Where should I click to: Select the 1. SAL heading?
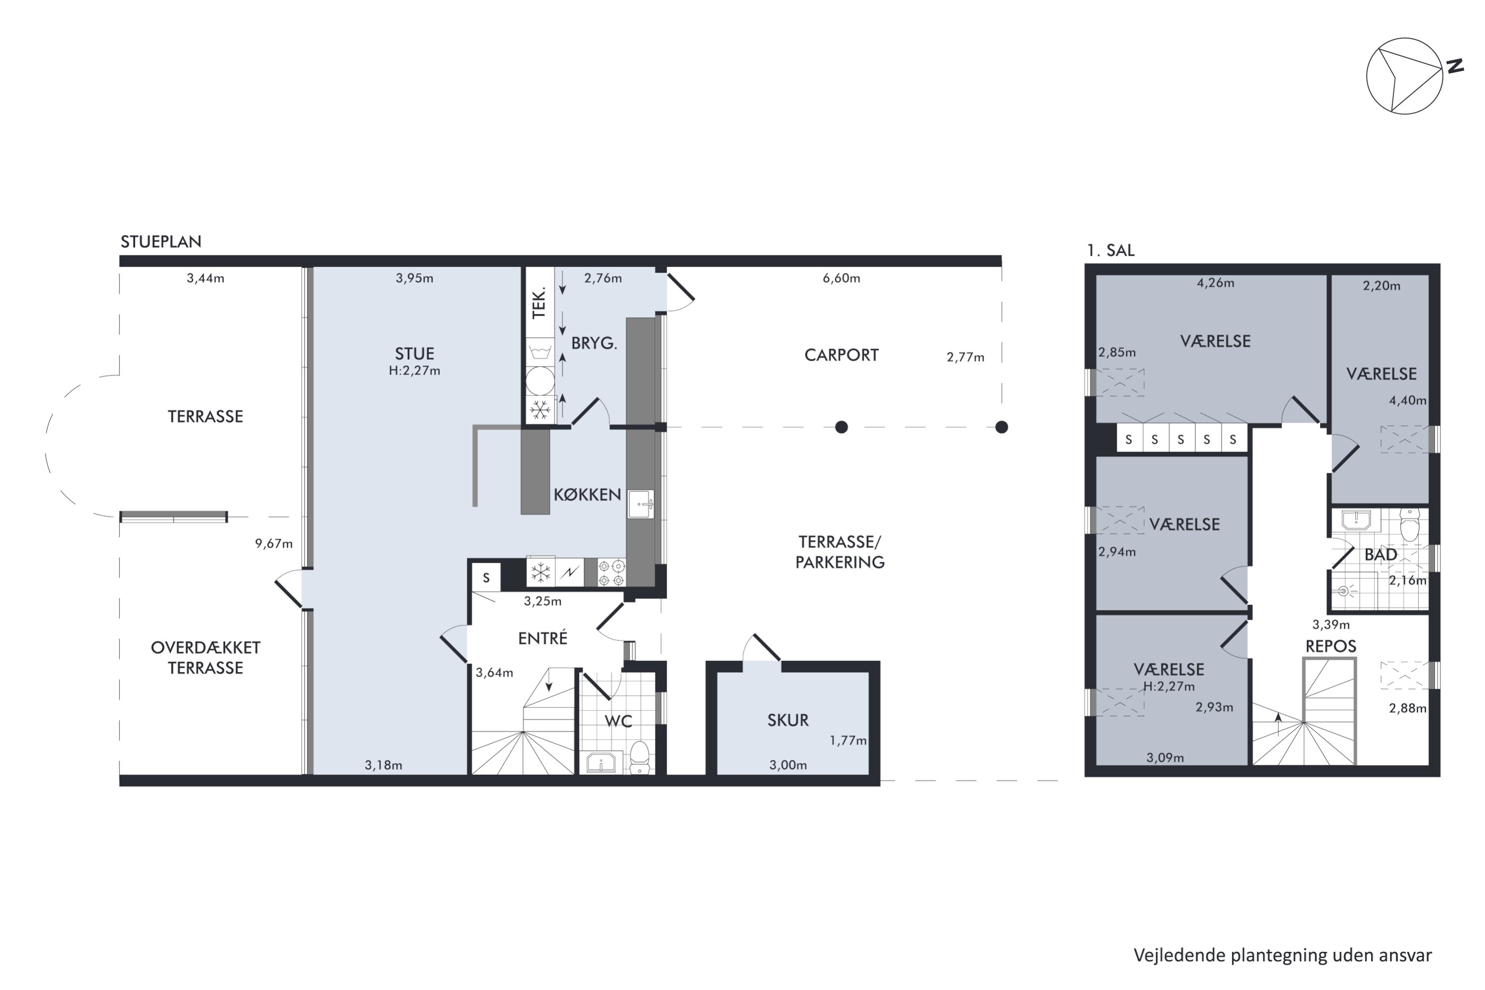tap(1111, 250)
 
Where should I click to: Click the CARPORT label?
tap(841, 355)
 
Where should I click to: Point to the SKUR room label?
tap(788, 720)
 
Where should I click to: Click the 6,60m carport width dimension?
tap(841, 278)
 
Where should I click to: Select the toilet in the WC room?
tap(640, 757)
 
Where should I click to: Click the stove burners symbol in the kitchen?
tap(611, 573)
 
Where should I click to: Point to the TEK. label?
tap(539, 303)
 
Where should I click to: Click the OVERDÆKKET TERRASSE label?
tap(205, 657)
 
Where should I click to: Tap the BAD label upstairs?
tap(1381, 554)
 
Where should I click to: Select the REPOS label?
tap(1331, 646)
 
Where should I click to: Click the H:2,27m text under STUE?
tap(414, 371)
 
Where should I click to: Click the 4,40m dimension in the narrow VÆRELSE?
tap(1407, 400)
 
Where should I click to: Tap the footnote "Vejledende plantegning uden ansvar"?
tap(1283, 955)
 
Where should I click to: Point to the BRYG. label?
tap(594, 343)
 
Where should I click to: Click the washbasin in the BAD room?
tap(1356, 520)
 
